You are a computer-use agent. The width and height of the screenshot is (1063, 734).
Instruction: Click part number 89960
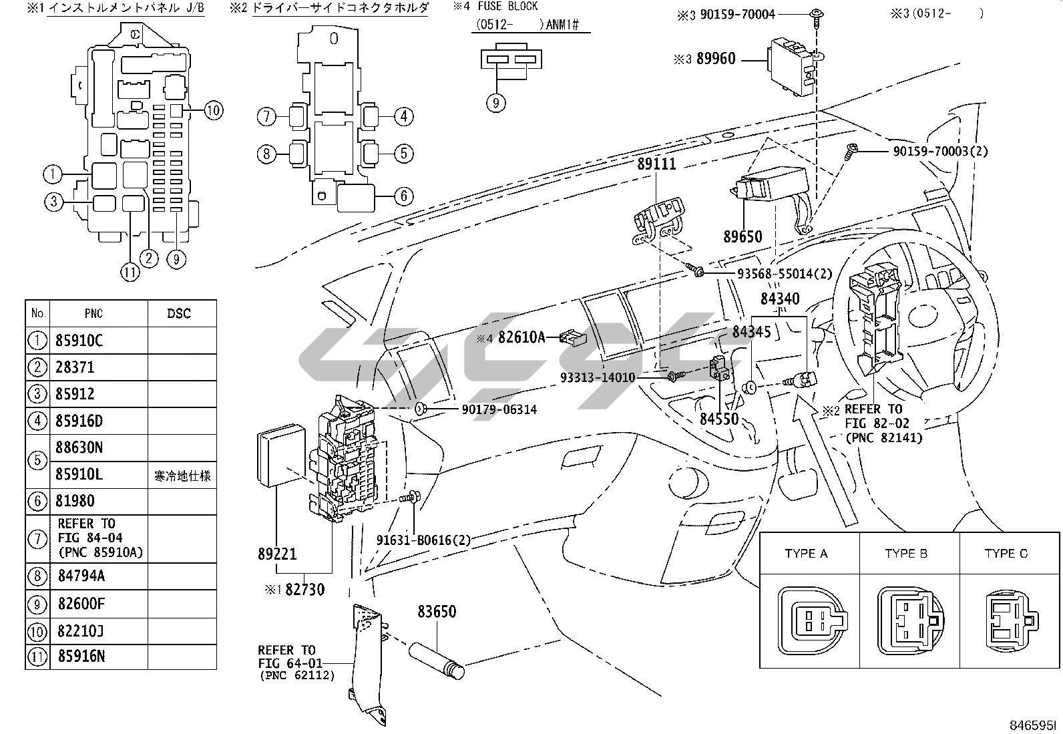(716, 59)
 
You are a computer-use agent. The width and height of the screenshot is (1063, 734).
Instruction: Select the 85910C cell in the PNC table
(79, 341)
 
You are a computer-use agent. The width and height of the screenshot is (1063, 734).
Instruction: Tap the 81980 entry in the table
(75, 501)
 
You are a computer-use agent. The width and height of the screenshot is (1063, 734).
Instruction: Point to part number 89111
(656, 164)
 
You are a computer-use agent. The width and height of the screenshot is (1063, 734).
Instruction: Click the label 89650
(742, 236)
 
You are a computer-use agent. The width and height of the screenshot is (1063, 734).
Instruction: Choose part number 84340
(780, 299)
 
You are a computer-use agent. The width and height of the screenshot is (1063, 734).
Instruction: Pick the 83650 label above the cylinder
(437, 612)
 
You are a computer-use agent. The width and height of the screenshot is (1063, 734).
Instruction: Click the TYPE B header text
(906, 554)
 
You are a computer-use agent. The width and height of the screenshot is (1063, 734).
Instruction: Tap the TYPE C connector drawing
(1012, 620)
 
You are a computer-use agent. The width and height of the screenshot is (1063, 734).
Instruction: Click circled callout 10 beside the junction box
(214, 111)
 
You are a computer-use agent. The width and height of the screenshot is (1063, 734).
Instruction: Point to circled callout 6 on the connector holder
(404, 196)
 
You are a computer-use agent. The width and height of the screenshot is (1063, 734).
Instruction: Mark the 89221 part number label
(277, 554)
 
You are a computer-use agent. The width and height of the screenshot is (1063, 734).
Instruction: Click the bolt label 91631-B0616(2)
(423, 540)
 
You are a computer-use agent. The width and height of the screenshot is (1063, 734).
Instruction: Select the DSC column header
(179, 313)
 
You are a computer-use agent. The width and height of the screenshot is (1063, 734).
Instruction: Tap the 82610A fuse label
(521, 337)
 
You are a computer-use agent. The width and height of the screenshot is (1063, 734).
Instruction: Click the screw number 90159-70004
(737, 14)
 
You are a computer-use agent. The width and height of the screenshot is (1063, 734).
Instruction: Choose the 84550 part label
(719, 419)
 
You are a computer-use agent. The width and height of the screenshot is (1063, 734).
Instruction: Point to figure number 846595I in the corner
(1033, 725)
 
